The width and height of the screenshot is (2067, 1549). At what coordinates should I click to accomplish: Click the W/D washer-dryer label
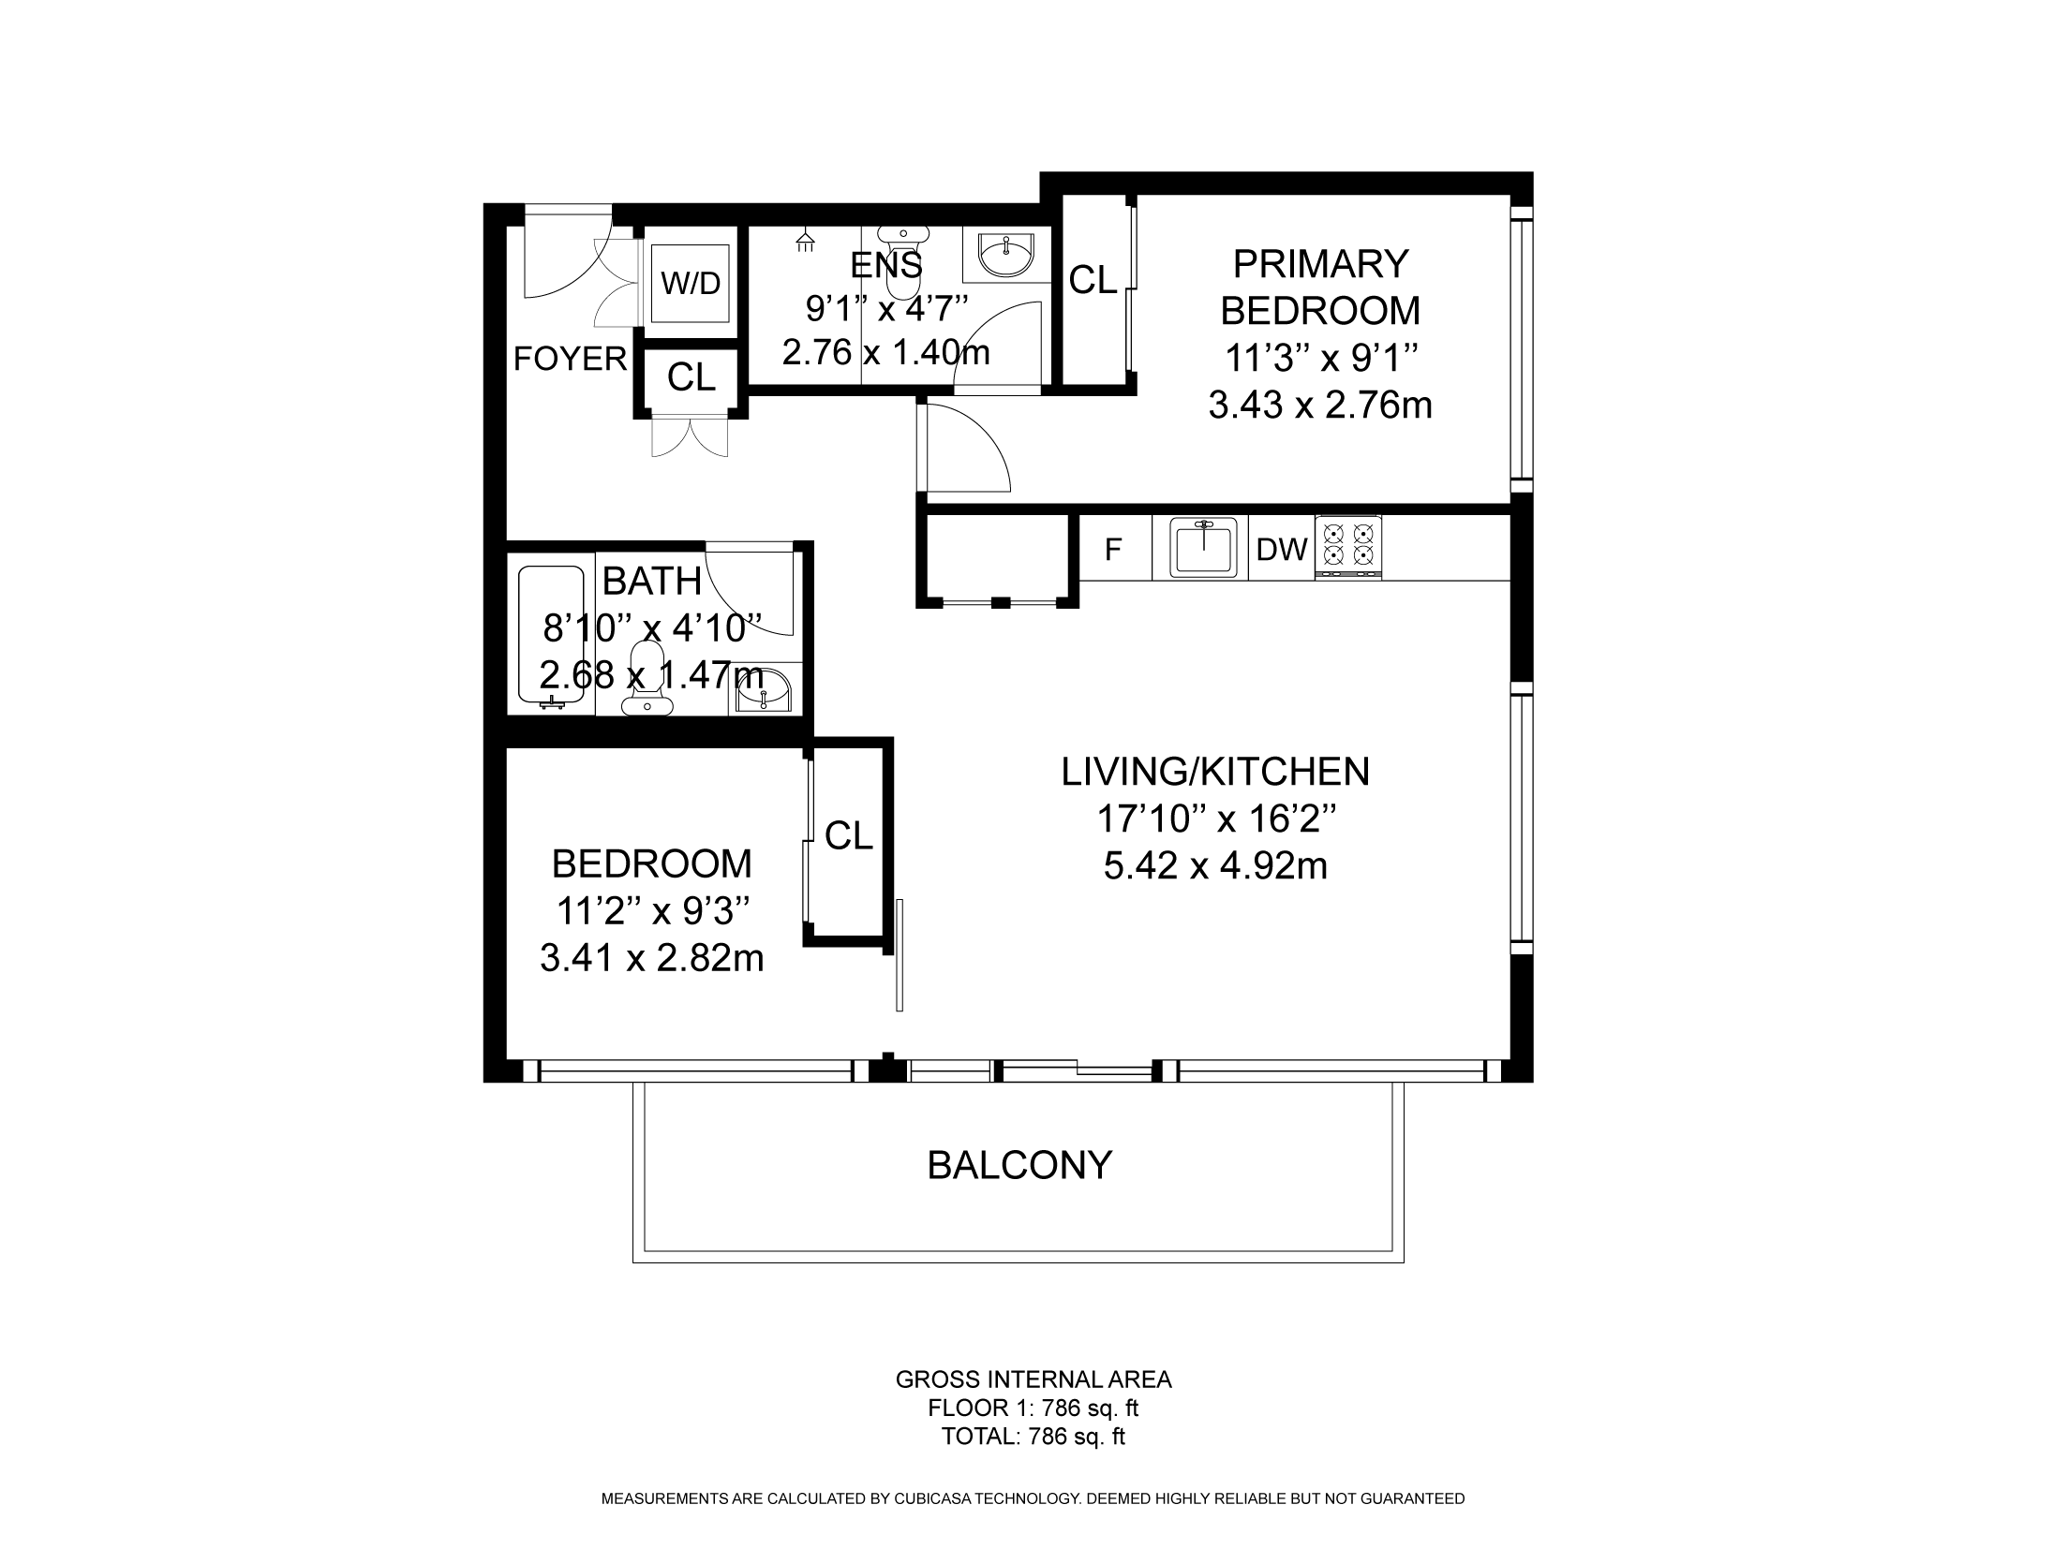[x=691, y=283]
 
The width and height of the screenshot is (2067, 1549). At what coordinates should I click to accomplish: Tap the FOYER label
[x=570, y=359]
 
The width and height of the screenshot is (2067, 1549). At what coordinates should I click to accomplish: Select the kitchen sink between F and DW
[x=1202, y=548]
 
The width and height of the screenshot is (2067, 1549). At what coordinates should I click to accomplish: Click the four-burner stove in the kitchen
[x=1348, y=547]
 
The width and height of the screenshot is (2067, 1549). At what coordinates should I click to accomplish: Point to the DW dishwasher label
[x=1282, y=550]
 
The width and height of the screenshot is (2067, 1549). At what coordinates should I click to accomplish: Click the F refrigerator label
[x=1113, y=550]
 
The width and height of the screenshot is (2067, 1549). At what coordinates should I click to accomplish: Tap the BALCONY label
[x=1019, y=1165]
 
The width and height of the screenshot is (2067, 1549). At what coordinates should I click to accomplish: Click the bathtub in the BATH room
[x=557, y=636]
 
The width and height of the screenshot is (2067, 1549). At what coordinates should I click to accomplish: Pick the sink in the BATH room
[x=765, y=689]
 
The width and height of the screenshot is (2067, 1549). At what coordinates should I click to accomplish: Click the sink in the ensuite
[x=1006, y=253]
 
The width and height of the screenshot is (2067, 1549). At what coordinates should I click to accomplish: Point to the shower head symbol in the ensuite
[x=804, y=242]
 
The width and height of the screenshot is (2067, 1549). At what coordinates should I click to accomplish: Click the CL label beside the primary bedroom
[x=1093, y=279]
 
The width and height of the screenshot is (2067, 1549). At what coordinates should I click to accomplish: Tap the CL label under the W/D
[x=691, y=377]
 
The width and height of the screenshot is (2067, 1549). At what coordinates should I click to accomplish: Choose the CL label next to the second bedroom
[x=849, y=835]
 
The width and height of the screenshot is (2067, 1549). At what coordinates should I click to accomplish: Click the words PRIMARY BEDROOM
[x=1320, y=287]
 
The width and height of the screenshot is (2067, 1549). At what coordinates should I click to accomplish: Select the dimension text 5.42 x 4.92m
[x=1215, y=866]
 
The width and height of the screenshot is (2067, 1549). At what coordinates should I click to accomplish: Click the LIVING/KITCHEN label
[x=1215, y=772]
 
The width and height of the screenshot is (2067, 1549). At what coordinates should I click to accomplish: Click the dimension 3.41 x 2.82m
[x=652, y=958]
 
